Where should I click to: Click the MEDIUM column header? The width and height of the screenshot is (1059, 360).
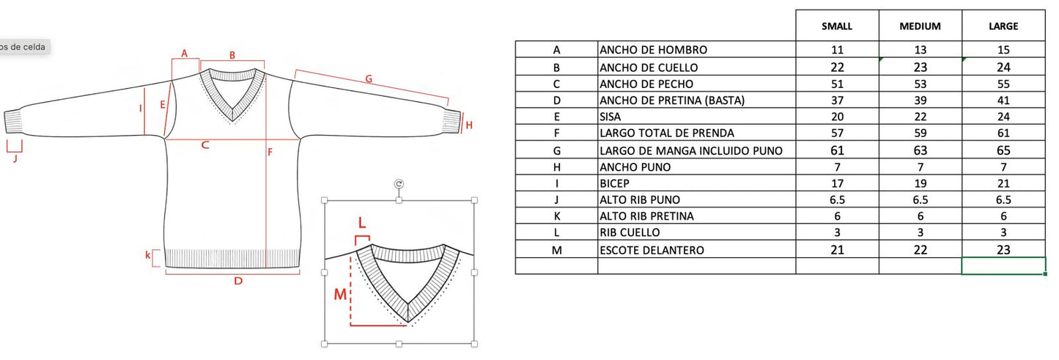920,26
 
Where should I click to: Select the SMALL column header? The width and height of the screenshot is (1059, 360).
837,26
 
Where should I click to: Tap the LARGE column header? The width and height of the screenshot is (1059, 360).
1003,26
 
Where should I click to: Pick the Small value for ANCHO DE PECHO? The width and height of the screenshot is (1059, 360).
837,84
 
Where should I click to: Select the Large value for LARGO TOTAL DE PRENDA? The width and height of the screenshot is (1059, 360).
1003,133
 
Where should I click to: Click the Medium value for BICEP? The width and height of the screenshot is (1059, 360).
920,183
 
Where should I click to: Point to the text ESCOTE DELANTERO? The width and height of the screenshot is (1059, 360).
652,250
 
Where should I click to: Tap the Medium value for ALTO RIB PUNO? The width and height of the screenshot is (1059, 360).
920,199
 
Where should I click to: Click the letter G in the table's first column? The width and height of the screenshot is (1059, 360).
557,151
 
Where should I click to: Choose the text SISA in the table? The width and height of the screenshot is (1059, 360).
610,117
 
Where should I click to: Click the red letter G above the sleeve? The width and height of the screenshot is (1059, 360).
369,78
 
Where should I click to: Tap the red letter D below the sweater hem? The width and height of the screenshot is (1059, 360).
238,281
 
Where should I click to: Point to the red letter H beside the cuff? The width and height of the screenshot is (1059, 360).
469,125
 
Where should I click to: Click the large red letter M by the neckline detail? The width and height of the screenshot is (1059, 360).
340,295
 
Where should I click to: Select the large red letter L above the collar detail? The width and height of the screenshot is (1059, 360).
362,222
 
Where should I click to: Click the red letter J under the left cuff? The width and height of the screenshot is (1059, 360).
15,158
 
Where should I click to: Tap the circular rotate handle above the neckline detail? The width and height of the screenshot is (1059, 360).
399,184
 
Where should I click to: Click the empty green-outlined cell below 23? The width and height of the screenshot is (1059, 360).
1004,265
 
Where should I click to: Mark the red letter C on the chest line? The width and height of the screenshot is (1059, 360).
204,144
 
